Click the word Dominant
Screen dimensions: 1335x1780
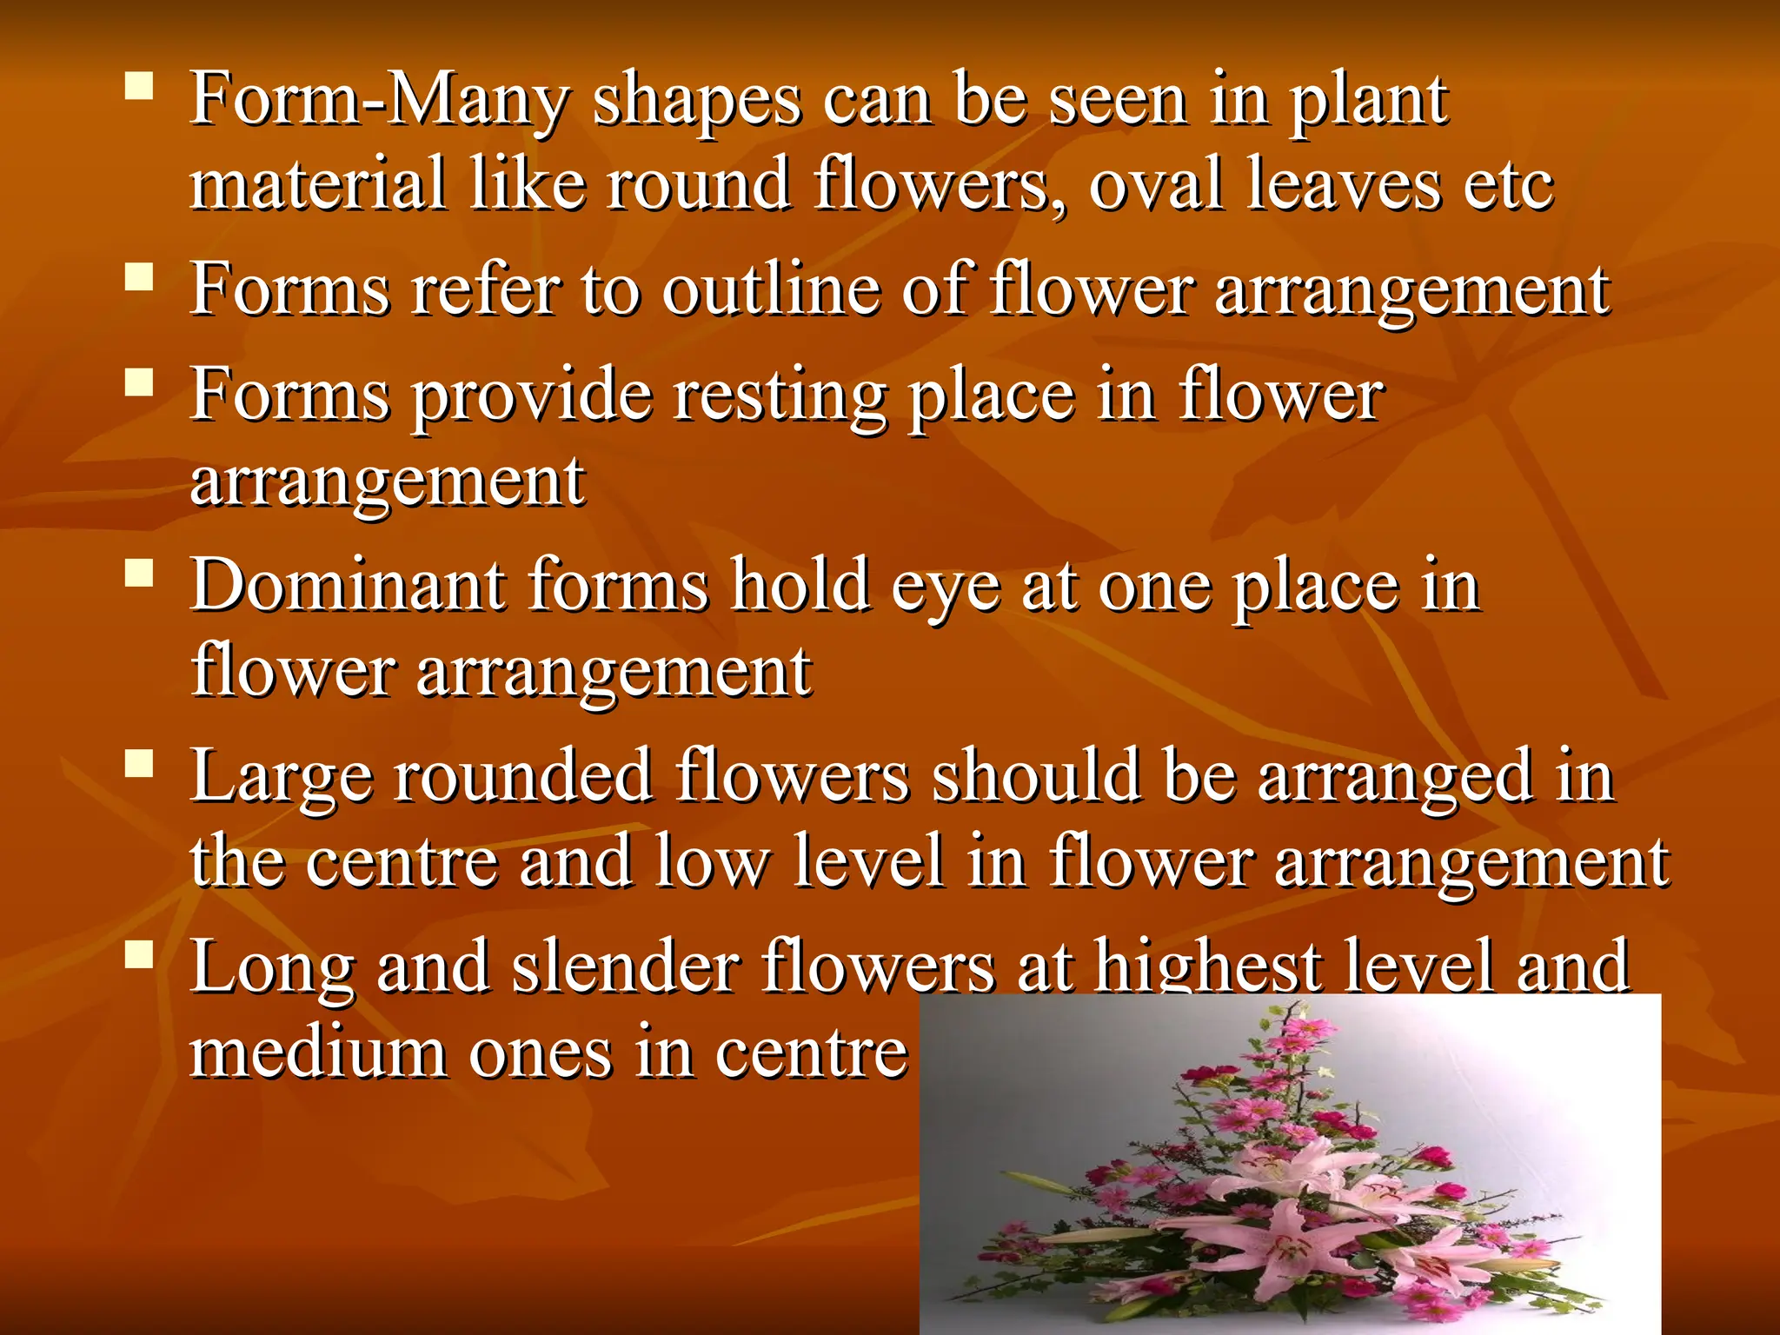coord(348,585)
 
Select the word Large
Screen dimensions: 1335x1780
coord(282,778)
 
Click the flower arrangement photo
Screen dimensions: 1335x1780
coord(1290,1165)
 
